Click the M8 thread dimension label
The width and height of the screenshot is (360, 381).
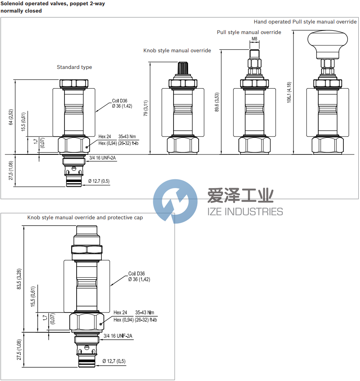[x=254, y=39]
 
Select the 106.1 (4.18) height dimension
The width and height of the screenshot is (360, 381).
[x=289, y=92]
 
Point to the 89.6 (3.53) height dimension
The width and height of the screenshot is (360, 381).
[x=217, y=102]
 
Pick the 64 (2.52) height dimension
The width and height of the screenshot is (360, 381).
[x=11, y=117]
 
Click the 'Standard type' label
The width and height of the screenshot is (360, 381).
[x=74, y=67]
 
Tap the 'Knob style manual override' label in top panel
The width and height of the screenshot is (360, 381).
[x=177, y=51]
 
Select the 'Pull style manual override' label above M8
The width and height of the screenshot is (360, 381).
[x=249, y=32]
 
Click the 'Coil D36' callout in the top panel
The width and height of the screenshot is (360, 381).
[x=120, y=101]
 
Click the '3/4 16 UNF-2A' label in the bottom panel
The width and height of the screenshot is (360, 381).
[x=118, y=336]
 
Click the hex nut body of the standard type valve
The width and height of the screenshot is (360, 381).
[x=74, y=144]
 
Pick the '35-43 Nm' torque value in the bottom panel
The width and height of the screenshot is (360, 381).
[x=145, y=313]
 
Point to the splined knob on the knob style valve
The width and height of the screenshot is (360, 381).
[x=183, y=68]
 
